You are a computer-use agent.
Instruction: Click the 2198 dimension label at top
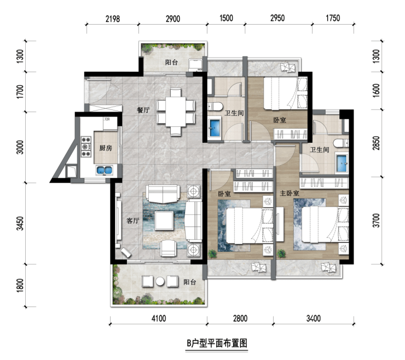point(113,19)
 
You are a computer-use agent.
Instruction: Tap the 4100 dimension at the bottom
point(159,318)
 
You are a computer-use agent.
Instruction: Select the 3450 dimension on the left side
point(20,223)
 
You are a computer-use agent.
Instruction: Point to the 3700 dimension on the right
point(377,220)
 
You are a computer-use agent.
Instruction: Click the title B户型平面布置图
point(217,344)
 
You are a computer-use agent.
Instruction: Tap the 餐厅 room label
point(143,110)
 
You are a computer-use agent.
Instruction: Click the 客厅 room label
point(133,220)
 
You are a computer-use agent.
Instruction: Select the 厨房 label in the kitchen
point(106,148)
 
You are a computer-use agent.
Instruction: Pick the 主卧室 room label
point(290,193)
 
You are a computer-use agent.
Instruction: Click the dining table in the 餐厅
point(176,112)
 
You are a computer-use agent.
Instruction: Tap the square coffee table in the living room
point(164,220)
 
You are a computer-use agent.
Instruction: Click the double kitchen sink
point(105,170)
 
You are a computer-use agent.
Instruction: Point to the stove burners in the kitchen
point(86,147)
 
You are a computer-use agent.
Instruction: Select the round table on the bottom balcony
point(160,281)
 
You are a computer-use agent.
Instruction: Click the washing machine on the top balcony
point(195,65)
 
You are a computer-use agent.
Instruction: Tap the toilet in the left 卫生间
point(215,106)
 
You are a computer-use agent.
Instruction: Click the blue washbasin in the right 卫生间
point(342,162)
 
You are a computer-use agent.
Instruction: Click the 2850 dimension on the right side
point(377,143)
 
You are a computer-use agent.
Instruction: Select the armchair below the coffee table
point(169,248)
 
